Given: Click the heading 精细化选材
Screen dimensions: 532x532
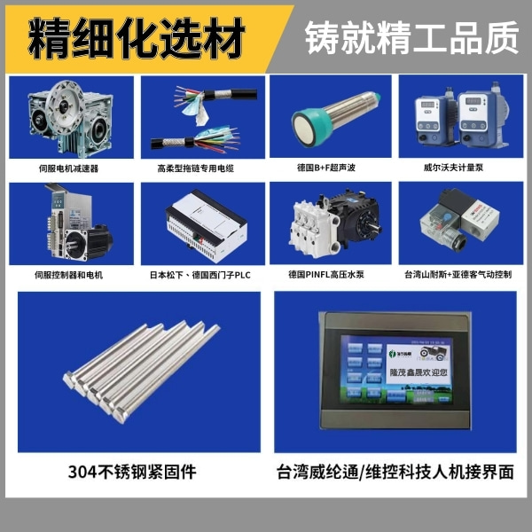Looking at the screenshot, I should pos(137,36).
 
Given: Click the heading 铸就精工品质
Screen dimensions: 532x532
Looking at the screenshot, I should pos(411,36).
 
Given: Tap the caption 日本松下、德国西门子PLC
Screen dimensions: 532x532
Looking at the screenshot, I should pos(200,275).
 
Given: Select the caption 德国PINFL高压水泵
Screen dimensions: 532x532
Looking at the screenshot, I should pos(330,275).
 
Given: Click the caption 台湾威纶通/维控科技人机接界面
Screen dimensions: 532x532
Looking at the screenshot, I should pos(395,472).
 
